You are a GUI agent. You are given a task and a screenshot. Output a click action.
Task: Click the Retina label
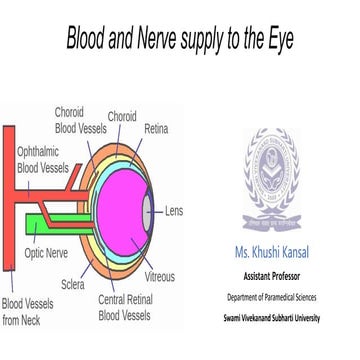point(157,129)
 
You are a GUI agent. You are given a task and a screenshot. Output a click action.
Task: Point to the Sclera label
point(71,284)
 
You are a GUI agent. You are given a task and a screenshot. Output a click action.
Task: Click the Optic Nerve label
point(45,254)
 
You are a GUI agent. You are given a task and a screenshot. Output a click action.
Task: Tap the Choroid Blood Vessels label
point(76,121)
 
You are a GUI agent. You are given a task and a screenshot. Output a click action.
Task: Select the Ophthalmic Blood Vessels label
point(42,160)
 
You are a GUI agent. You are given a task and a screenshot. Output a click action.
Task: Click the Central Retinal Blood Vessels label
point(124,307)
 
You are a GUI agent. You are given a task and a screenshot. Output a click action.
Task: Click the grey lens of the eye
point(146,211)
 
